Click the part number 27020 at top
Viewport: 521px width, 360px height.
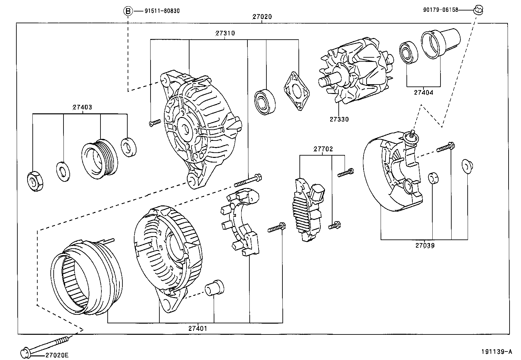tap(262, 17)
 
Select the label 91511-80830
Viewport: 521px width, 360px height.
tap(162, 11)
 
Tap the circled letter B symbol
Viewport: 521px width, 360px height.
tap(128, 11)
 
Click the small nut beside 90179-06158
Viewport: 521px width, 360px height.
tap(478, 10)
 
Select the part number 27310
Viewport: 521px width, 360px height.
tap(225, 33)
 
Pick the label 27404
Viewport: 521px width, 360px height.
tap(423, 93)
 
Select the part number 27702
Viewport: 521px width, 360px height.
tap(323, 149)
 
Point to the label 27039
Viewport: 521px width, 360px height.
tap(425, 245)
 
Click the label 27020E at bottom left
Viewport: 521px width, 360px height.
tap(57, 355)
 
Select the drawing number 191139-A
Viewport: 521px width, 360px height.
tap(496, 352)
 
